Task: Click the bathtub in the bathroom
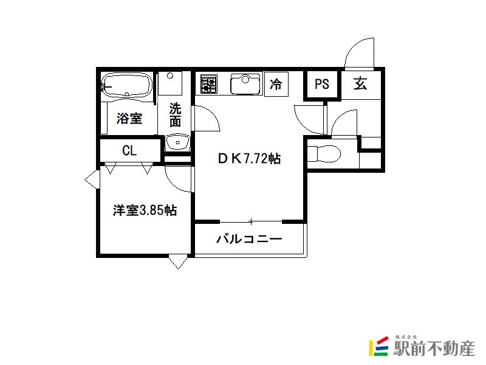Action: point(127,84)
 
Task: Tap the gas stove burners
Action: point(208,84)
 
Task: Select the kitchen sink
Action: point(245,84)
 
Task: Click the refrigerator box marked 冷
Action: point(276,84)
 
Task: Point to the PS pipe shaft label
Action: point(322,84)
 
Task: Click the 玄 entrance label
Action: point(360,83)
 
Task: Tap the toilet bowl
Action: point(324,154)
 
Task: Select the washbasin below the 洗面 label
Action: point(177,142)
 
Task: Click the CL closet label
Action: point(129,151)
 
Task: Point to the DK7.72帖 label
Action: point(250,159)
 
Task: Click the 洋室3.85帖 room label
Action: point(145,210)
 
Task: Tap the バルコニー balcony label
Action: point(249,239)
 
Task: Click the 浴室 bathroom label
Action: point(129,118)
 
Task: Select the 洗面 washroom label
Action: point(175,114)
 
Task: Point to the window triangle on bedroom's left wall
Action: point(92,179)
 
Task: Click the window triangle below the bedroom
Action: point(178,262)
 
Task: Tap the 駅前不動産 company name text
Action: point(434,348)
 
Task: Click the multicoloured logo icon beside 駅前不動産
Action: point(379,346)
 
